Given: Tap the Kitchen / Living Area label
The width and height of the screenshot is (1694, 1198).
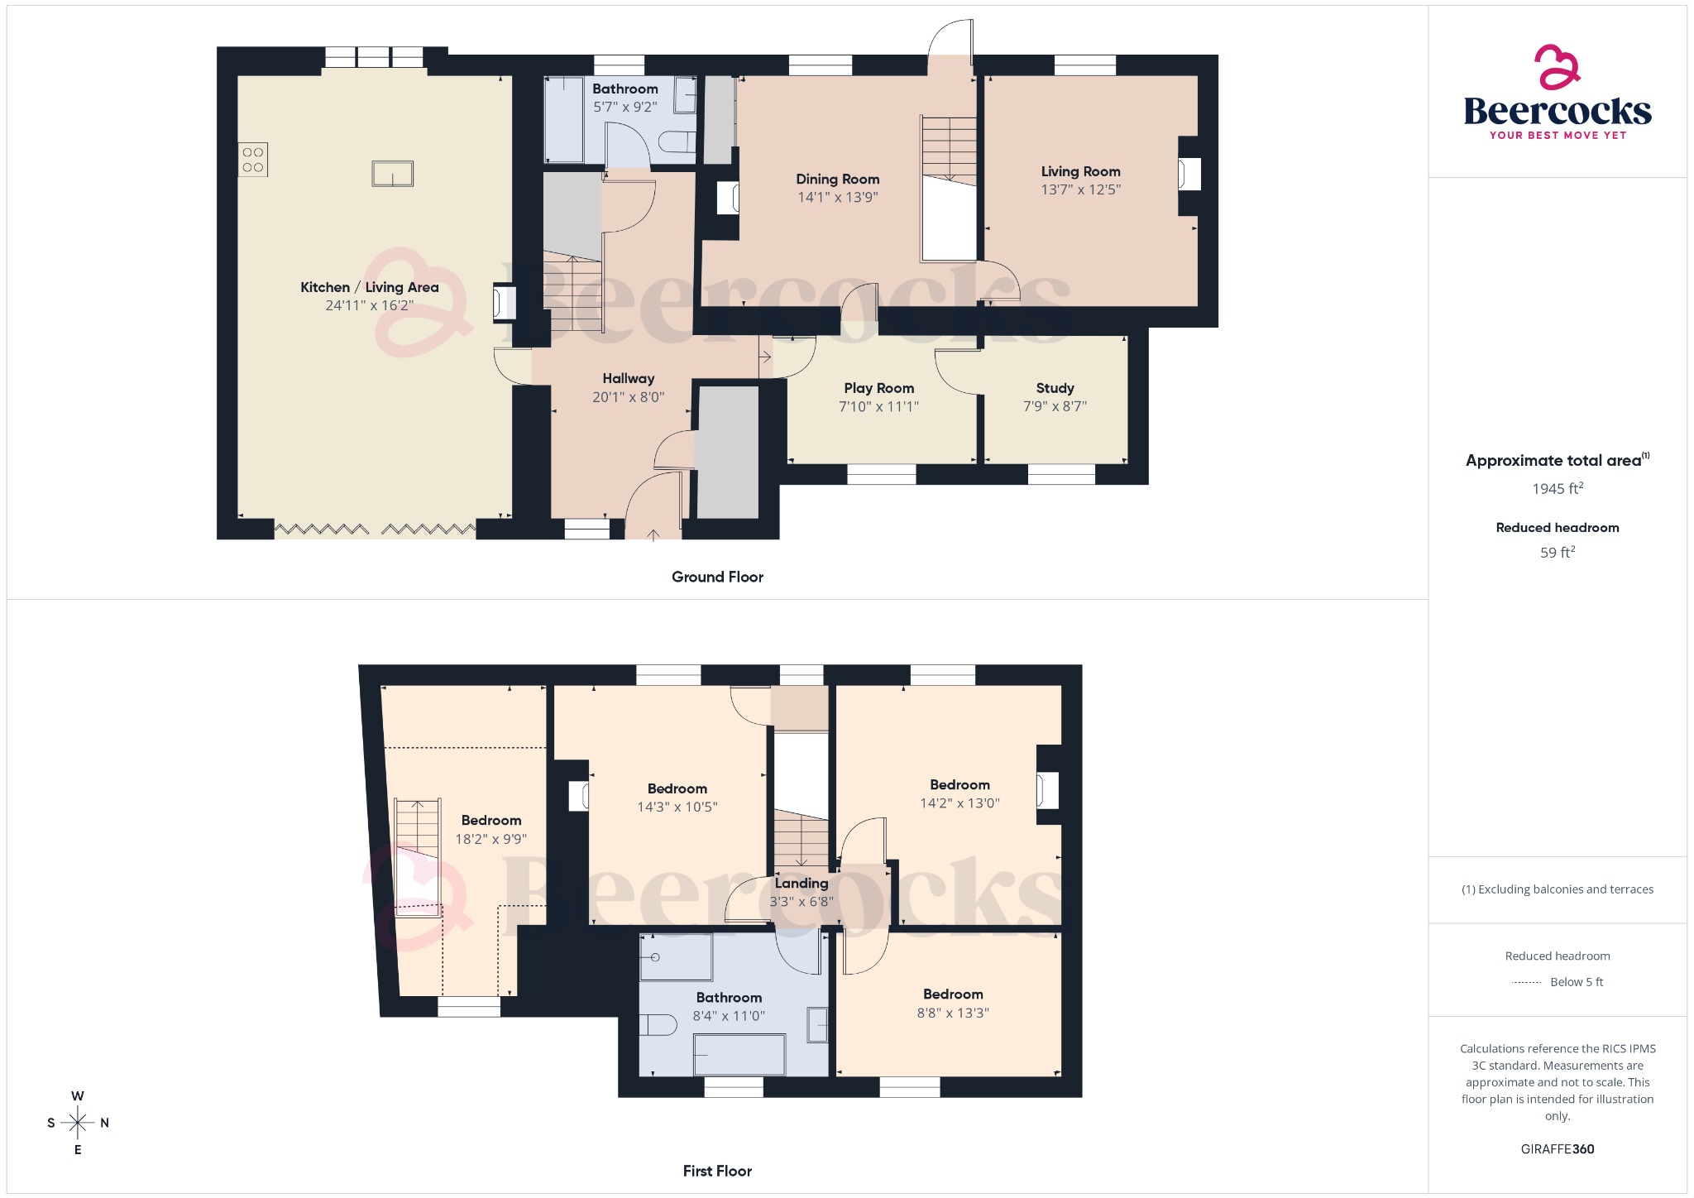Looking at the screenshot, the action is tap(370, 287).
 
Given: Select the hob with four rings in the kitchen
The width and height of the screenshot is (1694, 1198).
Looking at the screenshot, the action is tap(253, 161).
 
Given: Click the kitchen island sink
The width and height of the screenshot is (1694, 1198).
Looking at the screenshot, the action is tap(392, 174).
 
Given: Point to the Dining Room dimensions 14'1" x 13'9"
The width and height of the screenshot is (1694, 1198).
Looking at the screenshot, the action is tap(838, 197).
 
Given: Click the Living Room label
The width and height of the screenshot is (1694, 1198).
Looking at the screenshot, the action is tap(1081, 171).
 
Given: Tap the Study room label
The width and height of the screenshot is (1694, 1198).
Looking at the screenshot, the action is tap(1055, 388).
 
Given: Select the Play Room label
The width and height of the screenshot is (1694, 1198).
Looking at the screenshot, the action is tap(879, 388).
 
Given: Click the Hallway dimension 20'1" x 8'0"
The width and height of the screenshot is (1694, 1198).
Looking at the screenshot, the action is tap(629, 397).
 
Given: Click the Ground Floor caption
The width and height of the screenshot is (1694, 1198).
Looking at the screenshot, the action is tap(717, 577).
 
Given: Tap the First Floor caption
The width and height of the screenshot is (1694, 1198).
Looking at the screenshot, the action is tap(717, 1171).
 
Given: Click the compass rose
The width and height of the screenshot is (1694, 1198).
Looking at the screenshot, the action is tap(78, 1123).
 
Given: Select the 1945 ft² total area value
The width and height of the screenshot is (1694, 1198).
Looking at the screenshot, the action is tap(1558, 488).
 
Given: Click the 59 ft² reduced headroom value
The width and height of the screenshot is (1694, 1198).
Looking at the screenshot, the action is tap(1558, 552).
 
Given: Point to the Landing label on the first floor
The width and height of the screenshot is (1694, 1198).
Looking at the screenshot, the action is tap(802, 884).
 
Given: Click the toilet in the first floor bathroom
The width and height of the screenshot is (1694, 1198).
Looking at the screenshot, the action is tap(658, 1024).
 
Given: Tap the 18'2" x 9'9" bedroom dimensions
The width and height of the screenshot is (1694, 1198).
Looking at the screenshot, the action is tap(491, 839).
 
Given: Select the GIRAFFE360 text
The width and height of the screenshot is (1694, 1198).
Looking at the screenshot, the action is tap(1558, 1149).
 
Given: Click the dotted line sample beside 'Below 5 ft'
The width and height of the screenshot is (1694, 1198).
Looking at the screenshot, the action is tap(1526, 983).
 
